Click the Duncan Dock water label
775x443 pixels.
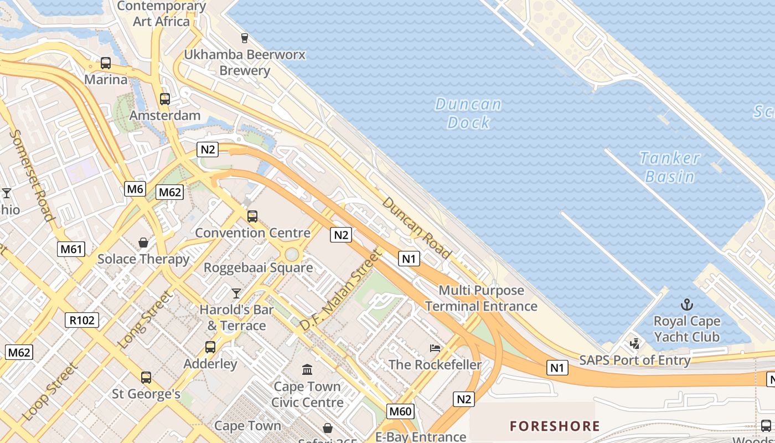click(x=468, y=113)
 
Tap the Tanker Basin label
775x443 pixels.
click(x=670, y=167)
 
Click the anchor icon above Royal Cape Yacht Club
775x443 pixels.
click(x=686, y=305)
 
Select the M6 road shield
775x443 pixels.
click(x=135, y=189)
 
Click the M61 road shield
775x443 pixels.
click(x=71, y=249)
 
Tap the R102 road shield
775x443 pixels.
click(x=82, y=320)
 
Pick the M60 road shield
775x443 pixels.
click(x=400, y=411)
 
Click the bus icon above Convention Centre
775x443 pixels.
click(x=252, y=217)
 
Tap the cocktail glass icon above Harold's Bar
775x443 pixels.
click(x=236, y=293)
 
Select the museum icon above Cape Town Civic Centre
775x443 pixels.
click(x=307, y=369)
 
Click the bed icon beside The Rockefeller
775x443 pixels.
click(x=435, y=348)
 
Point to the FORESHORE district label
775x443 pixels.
click(x=555, y=426)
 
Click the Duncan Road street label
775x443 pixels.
click(x=416, y=228)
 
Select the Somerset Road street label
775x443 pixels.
click(x=32, y=175)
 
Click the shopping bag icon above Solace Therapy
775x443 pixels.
click(x=143, y=243)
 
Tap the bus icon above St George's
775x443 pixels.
click(x=146, y=378)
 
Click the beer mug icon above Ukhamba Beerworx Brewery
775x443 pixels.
click(x=244, y=38)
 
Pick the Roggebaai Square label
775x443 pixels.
click(x=258, y=268)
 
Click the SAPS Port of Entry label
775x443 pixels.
click(x=634, y=360)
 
